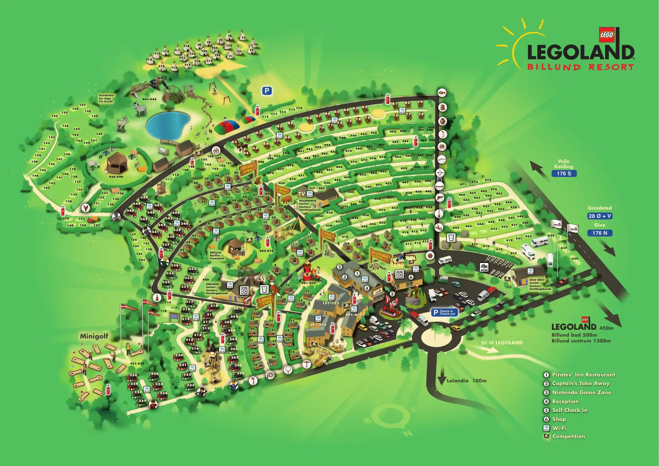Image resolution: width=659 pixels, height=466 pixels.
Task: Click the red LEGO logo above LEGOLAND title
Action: (x=607, y=35)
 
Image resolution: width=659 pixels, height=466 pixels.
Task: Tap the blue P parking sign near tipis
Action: (x=267, y=91)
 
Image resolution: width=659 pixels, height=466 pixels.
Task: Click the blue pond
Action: (x=168, y=124)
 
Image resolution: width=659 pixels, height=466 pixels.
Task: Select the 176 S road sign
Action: (x=564, y=173)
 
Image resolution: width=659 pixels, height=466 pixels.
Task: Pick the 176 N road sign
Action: (x=600, y=233)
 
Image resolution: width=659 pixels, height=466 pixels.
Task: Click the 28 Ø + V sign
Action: (x=600, y=216)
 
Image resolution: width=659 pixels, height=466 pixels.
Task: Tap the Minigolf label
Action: (x=94, y=336)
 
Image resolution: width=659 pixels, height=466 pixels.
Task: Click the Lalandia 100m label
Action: (x=466, y=380)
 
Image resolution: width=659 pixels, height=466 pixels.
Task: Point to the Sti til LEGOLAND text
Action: (x=502, y=342)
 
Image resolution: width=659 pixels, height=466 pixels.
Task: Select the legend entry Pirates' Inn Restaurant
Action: (x=584, y=375)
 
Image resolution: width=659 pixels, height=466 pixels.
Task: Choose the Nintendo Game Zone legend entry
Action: (x=581, y=392)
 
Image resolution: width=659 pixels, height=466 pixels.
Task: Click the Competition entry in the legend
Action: (x=568, y=436)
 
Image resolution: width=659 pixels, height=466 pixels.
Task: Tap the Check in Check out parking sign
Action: (x=444, y=312)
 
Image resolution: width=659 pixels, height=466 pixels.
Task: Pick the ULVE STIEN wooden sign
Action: (x=328, y=236)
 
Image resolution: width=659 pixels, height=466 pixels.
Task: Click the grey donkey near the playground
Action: (x=140, y=109)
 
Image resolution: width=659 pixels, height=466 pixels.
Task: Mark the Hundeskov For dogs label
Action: (x=106, y=98)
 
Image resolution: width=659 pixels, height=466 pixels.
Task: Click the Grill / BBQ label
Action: (x=317, y=188)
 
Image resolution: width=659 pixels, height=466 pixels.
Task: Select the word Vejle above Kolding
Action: (x=563, y=161)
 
